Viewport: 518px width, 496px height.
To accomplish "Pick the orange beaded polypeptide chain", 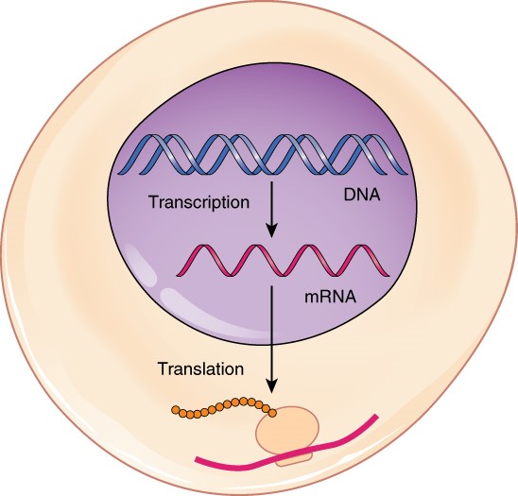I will (222, 408).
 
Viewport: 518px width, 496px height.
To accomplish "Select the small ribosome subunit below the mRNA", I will (295, 459).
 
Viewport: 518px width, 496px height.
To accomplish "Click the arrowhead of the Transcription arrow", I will (271, 231).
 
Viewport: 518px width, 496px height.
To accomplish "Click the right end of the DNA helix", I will (408, 157).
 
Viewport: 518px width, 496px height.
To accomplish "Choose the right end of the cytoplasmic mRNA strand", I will (378, 416).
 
